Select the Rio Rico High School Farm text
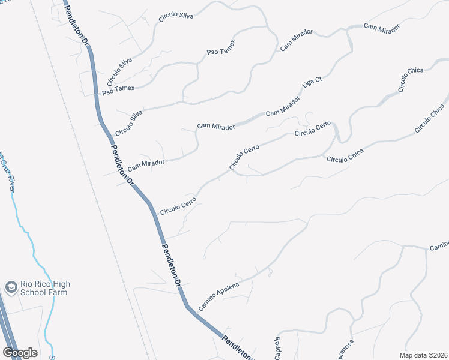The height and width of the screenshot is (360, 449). [46, 288]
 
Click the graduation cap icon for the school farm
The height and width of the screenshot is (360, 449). [11, 288]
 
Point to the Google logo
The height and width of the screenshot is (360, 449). [20, 353]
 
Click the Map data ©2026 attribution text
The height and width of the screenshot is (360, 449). [424, 355]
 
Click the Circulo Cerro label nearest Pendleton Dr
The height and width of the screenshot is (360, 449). [178, 205]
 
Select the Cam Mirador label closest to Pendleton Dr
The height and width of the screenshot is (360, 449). [146, 163]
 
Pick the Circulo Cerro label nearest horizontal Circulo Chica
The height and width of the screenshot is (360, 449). [312, 128]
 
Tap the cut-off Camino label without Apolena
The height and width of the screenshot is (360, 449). [439, 247]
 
